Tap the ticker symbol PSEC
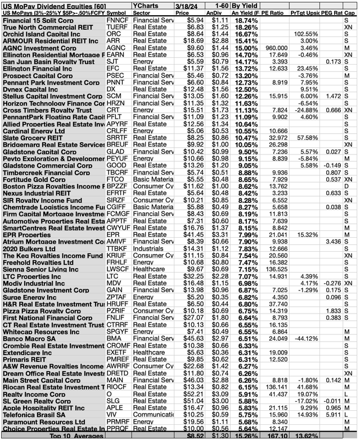pos(115,76)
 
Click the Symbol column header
pos(117,12)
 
